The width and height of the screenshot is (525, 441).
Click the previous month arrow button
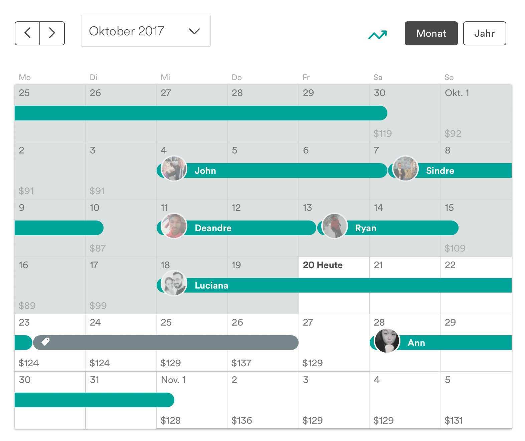coord(27,33)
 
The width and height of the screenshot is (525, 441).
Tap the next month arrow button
coord(52,33)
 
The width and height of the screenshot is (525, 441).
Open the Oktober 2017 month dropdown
coord(146,31)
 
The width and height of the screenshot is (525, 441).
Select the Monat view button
coord(431,33)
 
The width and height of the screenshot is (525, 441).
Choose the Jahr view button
coord(484,33)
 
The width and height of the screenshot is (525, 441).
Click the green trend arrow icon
coord(377,35)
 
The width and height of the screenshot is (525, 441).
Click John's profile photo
coord(174,169)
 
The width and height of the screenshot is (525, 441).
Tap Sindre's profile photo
coord(405,169)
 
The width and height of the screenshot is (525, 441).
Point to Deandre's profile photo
coord(174,226)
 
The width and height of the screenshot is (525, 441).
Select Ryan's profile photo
coord(335,226)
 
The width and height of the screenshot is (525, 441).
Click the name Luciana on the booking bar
coord(211,286)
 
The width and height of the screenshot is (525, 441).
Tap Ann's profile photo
coord(387,341)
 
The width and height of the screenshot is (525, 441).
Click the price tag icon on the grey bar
coord(46,342)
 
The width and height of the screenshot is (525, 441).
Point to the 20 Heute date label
coord(323,265)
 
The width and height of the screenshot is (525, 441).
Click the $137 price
coord(241,363)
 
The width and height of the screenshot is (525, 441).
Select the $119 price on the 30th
coord(382,133)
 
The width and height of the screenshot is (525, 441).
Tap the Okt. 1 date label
coord(457,93)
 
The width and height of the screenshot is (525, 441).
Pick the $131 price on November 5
coord(453,420)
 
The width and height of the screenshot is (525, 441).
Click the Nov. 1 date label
coord(173,380)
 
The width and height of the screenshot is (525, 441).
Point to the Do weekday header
coord(236,77)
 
